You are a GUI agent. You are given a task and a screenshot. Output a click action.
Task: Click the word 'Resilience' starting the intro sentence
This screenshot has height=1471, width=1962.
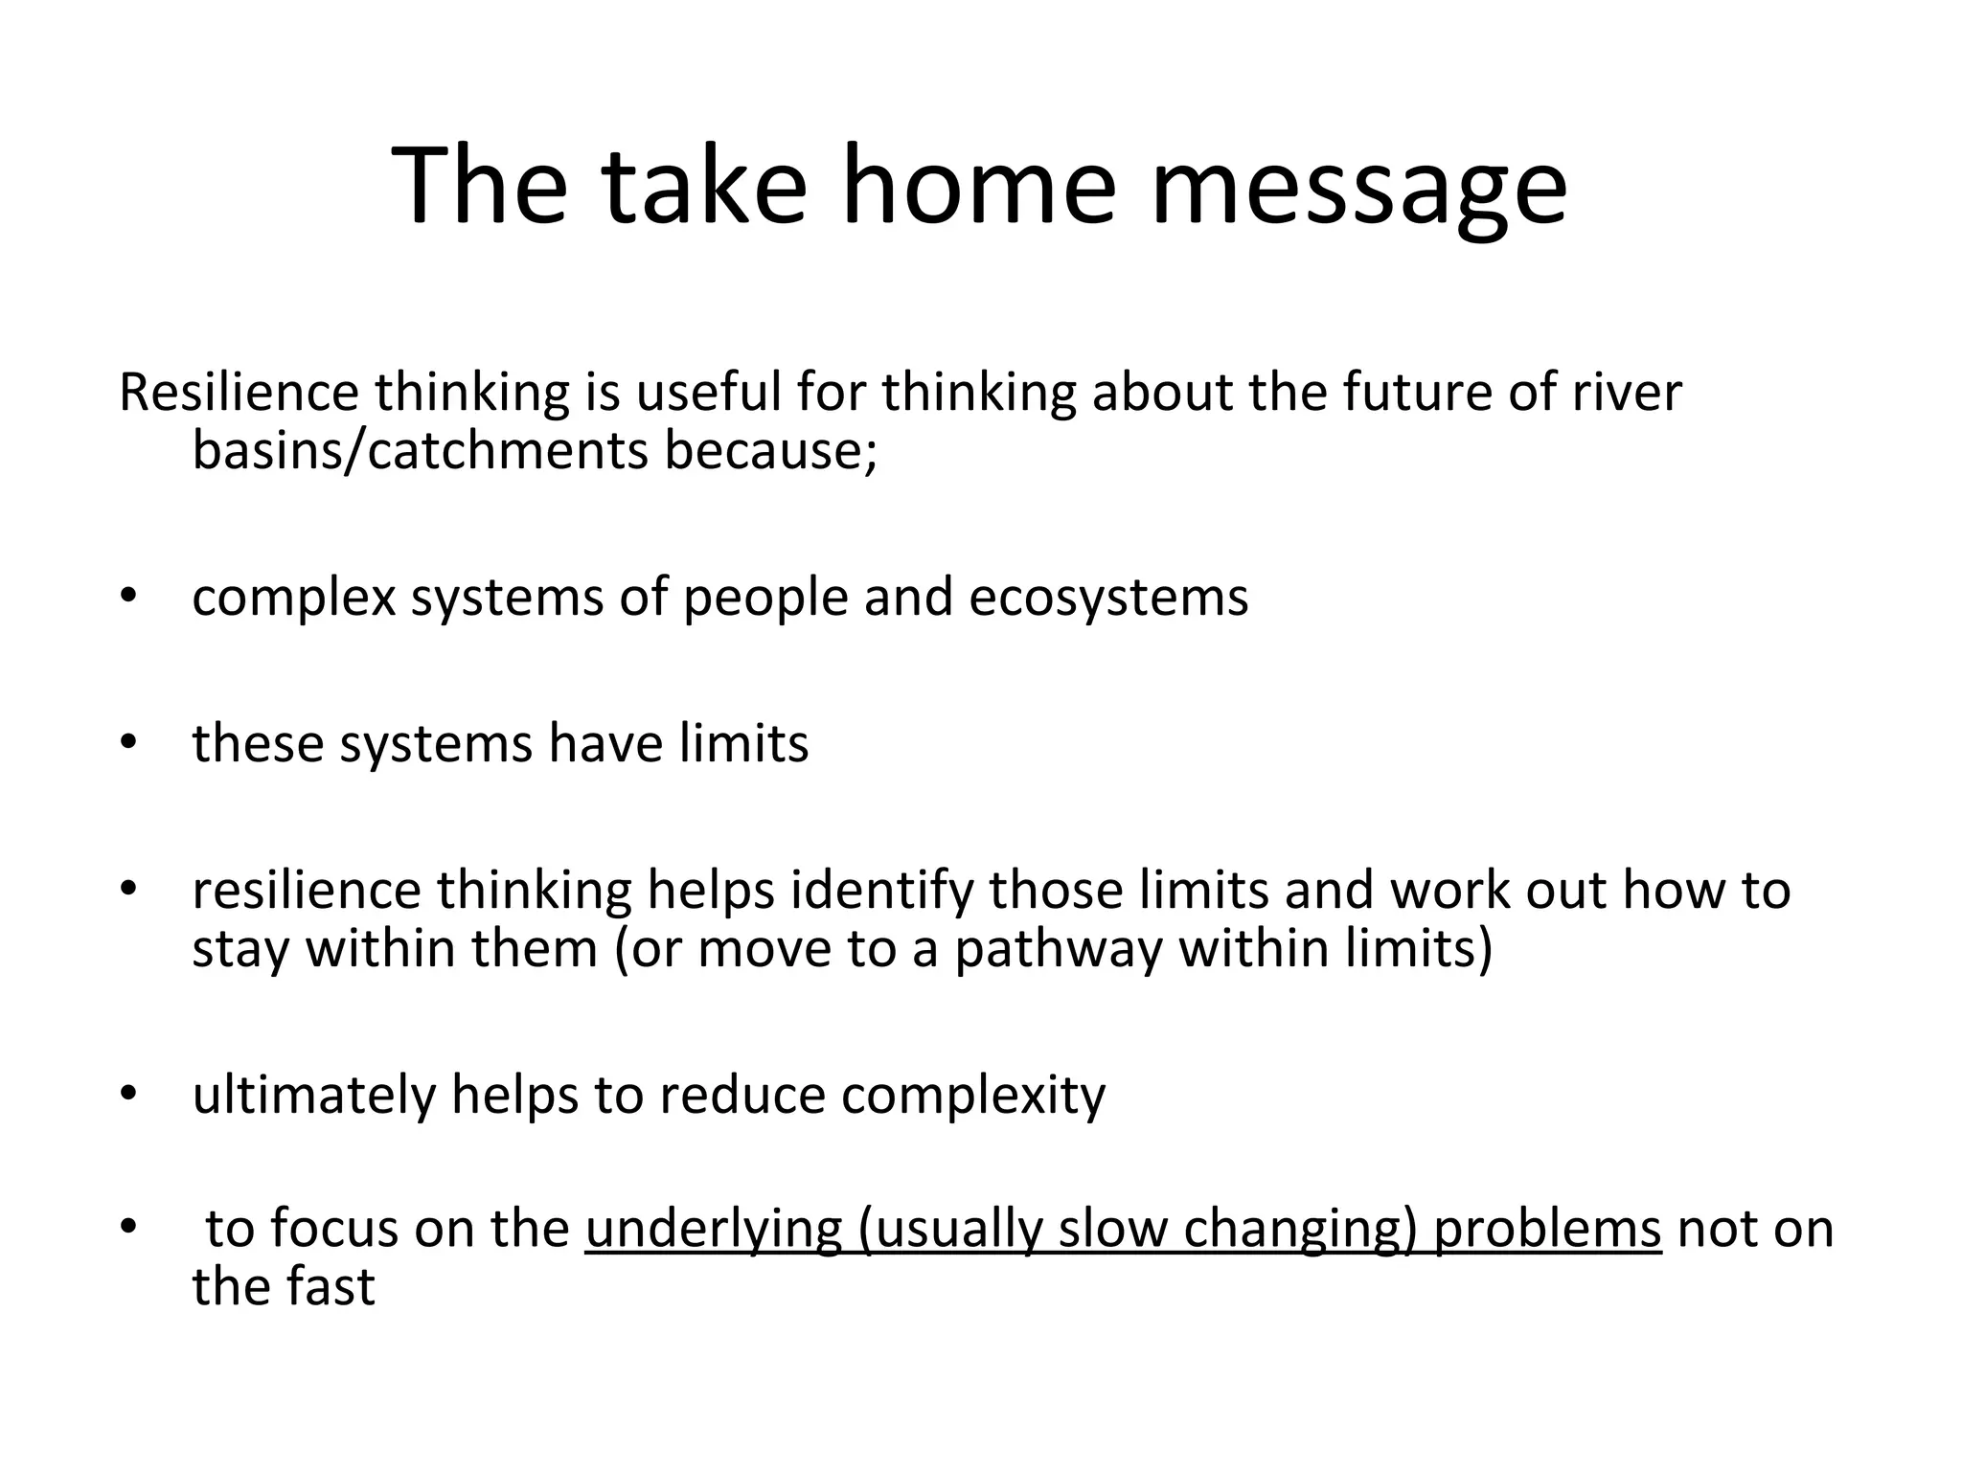click(x=239, y=393)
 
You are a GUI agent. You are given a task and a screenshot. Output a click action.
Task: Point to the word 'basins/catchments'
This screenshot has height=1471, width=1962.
click(x=420, y=450)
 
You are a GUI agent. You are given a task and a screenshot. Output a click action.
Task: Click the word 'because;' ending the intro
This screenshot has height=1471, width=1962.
click(x=770, y=450)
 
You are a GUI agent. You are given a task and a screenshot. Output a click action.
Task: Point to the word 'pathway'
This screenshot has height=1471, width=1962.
click(x=1058, y=950)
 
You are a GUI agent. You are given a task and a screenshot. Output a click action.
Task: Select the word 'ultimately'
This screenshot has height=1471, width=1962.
click(x=313, y=1096)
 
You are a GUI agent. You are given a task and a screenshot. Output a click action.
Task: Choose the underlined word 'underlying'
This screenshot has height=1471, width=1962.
click(x=713, y=1230)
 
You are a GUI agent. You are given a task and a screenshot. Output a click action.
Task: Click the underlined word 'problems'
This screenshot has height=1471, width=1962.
click(x=1546, y=1230)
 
